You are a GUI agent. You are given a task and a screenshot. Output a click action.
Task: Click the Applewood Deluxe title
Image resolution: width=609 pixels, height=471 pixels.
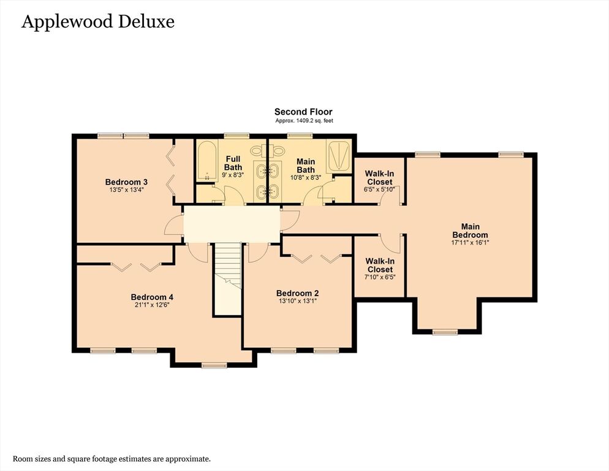[98, 22]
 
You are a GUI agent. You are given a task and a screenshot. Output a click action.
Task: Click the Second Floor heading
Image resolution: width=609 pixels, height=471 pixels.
[303, 112]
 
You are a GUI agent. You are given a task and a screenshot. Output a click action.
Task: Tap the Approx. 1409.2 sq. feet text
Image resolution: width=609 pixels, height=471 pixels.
[304, 121]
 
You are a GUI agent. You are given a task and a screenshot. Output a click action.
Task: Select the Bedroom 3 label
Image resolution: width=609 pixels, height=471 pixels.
[126, 182]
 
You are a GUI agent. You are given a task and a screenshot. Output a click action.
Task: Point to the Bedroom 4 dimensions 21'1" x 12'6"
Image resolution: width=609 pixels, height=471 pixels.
[152, 305]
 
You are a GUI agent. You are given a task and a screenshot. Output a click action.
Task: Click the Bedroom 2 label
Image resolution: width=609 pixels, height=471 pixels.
[298, 293]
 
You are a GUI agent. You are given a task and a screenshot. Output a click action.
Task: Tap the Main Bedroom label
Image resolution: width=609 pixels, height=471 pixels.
[470, 231]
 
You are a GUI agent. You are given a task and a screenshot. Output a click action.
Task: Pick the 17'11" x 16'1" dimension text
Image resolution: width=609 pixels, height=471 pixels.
[470, 242]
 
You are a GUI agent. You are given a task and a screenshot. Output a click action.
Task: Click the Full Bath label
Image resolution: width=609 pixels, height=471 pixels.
[233, 163]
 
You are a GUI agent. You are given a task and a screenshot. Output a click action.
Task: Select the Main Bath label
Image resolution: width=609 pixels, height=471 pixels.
[306, 166]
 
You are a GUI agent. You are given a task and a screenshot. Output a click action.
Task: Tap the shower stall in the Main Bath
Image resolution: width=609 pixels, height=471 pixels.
[338, 157]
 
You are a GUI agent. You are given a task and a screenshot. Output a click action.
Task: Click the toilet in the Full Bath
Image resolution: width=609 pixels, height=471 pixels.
[257, 150]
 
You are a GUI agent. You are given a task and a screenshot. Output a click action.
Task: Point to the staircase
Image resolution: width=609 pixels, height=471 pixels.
[229, 279]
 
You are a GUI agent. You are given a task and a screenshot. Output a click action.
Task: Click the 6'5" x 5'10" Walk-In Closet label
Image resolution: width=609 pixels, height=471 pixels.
[380, 182]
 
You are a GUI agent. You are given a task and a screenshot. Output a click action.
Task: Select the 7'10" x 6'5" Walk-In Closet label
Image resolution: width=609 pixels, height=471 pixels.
[380, 269]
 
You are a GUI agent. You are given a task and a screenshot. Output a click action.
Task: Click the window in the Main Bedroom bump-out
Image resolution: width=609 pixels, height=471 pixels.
[445, 332]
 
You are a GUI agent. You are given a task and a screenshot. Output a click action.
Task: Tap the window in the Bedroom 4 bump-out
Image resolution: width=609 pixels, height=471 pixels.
[214, 366]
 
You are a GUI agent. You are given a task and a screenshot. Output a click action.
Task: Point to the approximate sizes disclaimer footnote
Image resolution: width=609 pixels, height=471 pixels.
[112, 459]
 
